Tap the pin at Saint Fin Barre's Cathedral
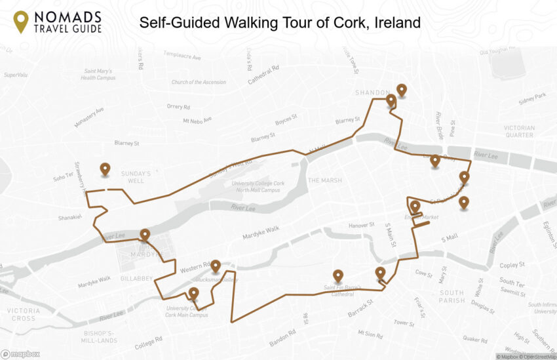(x=337, y=276)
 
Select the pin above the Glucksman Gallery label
(x=216, y=266)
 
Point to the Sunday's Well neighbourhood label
(x=136, y=177)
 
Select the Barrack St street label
(x=360, y=306)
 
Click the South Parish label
(x=451, y=296)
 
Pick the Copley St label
(x=512, y=266)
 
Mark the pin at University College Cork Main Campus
(x=193, y=293)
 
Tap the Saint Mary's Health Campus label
(x=98, y=74)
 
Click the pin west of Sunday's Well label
(x=105, y=169)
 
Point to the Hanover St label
(x=362, y=225)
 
